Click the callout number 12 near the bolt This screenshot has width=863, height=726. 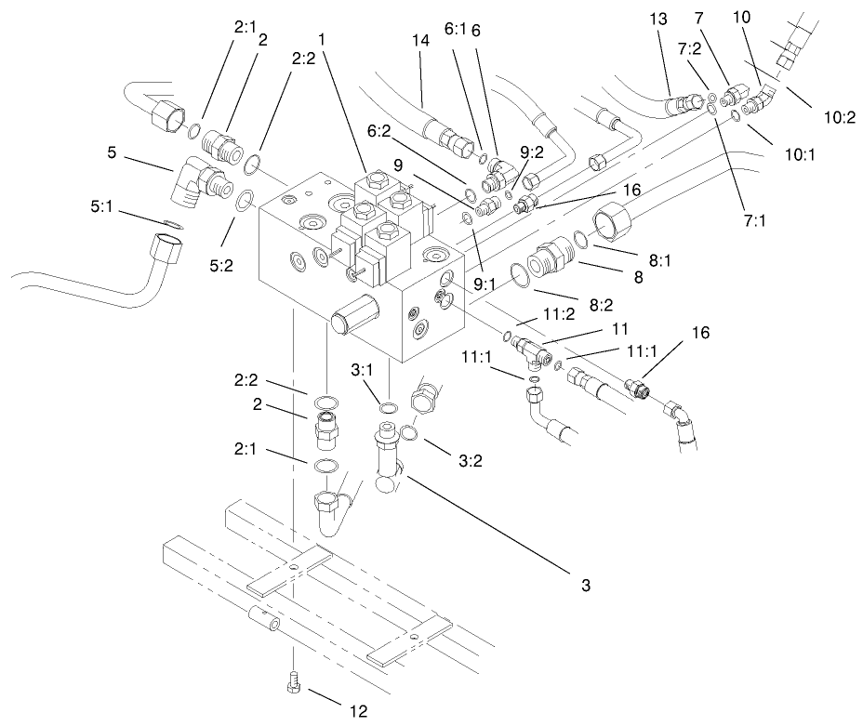click(x=358, y=711)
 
